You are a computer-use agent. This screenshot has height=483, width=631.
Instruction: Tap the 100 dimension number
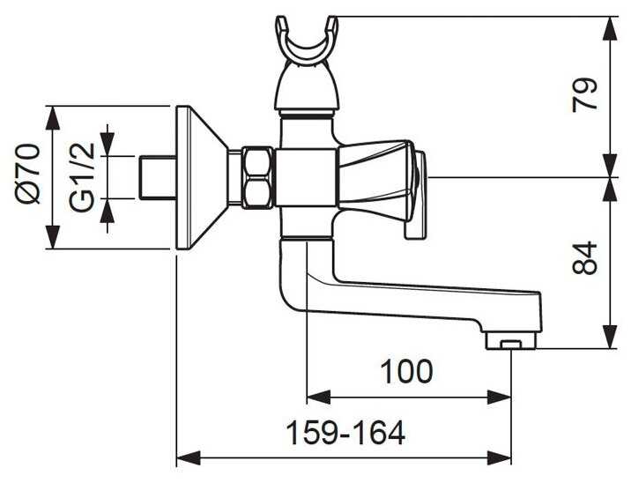(x=406, y=371)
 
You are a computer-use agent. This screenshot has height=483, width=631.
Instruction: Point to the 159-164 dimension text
(x=345, y=433)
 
